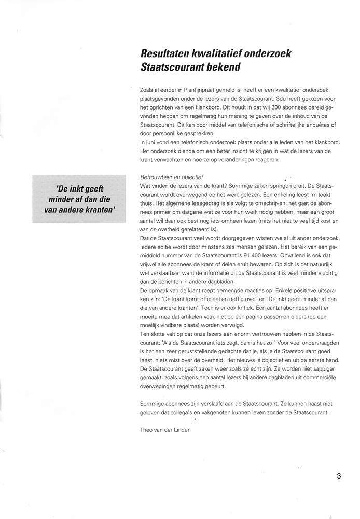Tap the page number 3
(x=338, y=475)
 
